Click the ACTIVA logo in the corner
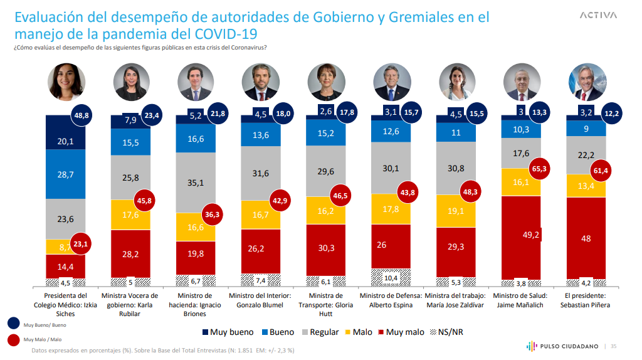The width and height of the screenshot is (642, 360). pyautogui.click(x=598, y=15)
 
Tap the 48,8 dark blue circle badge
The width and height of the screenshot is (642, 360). pyautogui.click(x=81, y=116)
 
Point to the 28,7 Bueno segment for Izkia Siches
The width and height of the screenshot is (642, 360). pyautogui.click(x=65, y=174)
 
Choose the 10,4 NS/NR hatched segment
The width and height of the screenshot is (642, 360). pyautogui.click(x=391, y=277)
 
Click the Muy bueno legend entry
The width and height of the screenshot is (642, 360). pyautogui.click(x=229, y=332)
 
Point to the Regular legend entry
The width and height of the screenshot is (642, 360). pyautogui.click(x=320, y=332)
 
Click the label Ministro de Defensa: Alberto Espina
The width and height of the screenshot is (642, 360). pyautogui.click(x=391, y=300)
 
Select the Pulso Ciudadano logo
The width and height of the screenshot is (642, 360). pyautogui.click(x=559, y=346)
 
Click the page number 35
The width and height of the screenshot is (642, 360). pyautogui.click(x=614, y=346)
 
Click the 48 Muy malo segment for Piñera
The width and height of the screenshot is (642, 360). pyautogui.click(x=586, y=238)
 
